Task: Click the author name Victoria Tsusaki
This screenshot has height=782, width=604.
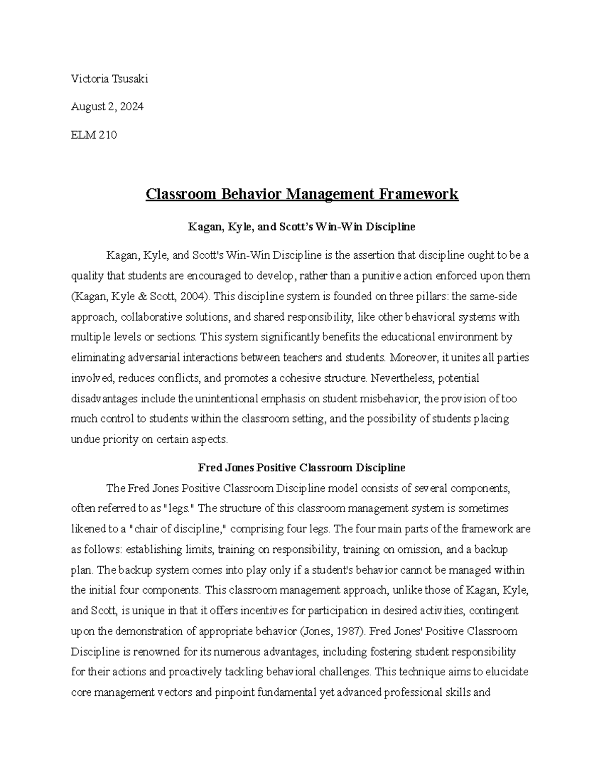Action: point(110,79)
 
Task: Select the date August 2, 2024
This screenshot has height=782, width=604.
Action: point(107,107)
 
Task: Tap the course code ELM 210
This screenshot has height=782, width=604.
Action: point(94,135)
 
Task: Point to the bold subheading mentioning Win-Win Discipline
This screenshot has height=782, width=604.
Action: point(301,227)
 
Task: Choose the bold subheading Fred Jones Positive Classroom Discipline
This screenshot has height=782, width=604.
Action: point(301,467)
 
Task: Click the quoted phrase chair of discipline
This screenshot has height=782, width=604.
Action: point(179,529)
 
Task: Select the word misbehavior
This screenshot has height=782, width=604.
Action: point(389,398)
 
